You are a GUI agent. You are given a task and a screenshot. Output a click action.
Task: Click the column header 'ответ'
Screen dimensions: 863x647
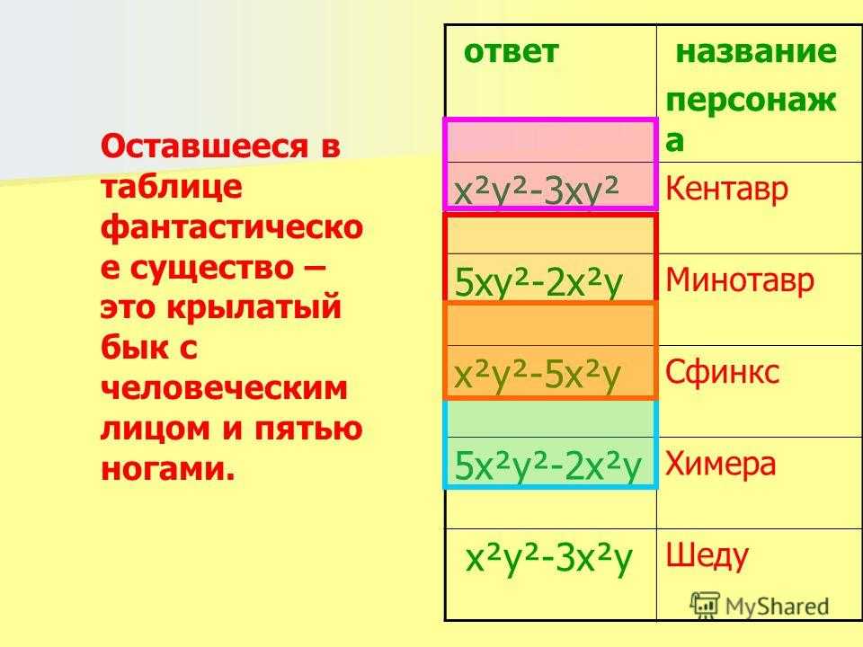[511, 52]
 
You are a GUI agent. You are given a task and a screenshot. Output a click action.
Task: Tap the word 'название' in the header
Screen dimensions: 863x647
[756, 52]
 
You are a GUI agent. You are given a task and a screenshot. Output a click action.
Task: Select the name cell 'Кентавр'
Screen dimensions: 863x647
[726, 189]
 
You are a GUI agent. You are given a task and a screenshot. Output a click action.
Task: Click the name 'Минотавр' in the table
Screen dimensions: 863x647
[739, 280]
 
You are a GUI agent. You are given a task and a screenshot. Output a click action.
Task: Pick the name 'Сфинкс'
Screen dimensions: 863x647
[722, 372]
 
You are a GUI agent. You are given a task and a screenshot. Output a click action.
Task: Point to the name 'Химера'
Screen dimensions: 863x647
[720, 465]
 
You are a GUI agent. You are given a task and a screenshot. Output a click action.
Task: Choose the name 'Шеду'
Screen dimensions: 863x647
[707, 556]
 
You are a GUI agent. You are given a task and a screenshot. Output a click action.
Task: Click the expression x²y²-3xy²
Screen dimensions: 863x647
[537, 191]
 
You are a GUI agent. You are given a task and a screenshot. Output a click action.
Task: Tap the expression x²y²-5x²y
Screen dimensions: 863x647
[538, 375]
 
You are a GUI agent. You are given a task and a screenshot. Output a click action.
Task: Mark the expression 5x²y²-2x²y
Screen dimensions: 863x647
[547, 466]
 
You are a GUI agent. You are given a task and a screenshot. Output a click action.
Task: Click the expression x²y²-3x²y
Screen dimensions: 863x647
[548, 559]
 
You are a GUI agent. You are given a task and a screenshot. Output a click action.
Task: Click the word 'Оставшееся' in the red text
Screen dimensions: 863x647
[205, 146]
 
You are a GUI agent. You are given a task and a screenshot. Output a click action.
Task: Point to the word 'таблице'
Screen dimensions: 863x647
[171, 187]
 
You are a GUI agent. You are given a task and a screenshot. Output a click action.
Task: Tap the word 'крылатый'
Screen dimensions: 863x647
[254, 308]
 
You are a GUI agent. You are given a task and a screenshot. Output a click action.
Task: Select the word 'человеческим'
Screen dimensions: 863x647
[225, 388]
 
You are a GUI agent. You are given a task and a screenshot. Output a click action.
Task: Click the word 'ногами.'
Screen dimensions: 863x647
[168, 469]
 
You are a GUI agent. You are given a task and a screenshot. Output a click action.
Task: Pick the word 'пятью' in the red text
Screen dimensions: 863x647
[308, 430]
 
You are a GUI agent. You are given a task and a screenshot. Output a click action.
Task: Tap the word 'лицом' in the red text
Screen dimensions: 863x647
[156, 430]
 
